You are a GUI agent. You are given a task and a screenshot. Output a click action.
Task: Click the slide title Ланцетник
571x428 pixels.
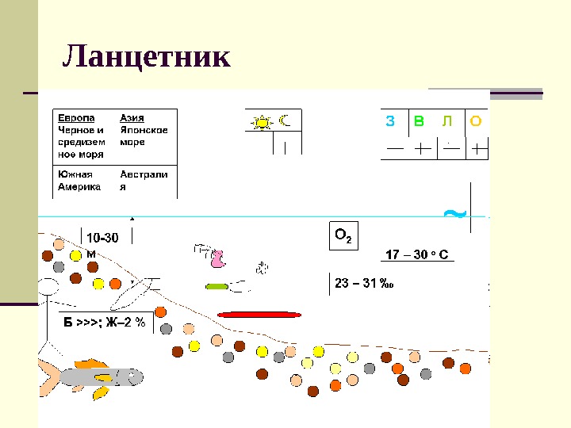[x=147, y=56]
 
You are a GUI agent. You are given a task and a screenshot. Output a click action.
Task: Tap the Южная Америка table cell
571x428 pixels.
[x=79, y=181]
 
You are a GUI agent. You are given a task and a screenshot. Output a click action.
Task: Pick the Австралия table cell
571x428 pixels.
[x=144, y=181]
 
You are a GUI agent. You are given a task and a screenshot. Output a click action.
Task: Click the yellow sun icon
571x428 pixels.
[x=261, y=122]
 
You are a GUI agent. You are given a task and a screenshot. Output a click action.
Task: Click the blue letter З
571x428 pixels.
[x=389, y=121]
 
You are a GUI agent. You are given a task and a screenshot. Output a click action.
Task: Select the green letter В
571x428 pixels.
[x=419, y=121]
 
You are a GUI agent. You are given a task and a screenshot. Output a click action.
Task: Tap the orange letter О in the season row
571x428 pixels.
[x=475, y=121]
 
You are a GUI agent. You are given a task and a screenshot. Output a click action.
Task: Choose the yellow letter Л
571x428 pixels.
[x=447, y=121]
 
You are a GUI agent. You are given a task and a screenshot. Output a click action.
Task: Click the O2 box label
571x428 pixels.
[x=343, y=236]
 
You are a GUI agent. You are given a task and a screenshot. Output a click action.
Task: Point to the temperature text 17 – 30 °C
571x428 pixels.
[x=417, y=255]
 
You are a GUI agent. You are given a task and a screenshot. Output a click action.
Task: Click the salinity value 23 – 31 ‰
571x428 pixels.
[x=365, y=283]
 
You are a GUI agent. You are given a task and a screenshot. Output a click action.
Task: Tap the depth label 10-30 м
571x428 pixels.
[x=102, y=243]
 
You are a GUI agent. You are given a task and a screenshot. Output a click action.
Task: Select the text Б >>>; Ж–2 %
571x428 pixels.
[x=105, y=322]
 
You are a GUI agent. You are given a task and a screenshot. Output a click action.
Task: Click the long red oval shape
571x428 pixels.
[x=259, y=315]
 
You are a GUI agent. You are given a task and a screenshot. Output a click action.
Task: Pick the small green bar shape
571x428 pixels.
[x=217, y=285]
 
